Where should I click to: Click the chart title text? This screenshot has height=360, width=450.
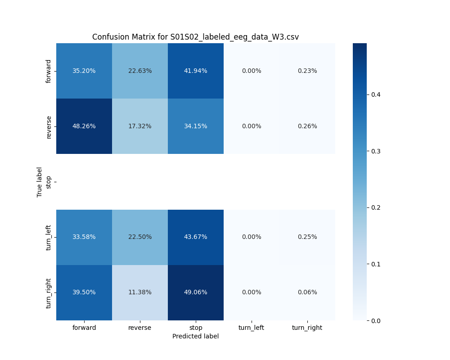(195, 37)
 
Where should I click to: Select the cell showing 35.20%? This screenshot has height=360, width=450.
(84, 71)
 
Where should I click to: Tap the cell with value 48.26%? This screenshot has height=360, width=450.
(84, 126)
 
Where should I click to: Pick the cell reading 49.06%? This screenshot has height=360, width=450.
(196, 292)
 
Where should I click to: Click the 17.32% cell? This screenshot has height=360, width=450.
(140, 126)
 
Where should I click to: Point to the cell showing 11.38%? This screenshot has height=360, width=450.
(140, 292)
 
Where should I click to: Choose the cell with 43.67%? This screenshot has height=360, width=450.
(196, 237)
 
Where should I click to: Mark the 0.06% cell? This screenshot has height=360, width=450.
(307, 292)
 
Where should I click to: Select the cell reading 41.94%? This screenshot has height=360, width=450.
(196, 71)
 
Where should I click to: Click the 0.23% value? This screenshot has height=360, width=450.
(307, 71)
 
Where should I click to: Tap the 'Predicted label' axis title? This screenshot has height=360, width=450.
(195, 336)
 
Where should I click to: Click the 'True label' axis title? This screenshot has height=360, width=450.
(40, 182)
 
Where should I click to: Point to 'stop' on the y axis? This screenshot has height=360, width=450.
(49, 182)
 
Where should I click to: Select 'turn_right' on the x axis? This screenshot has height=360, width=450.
(307, 328)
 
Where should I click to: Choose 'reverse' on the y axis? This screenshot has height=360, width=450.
(49, 126)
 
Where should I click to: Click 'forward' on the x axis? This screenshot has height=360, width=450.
(84, 328)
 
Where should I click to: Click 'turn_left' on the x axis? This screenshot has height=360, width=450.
(252, 328)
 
